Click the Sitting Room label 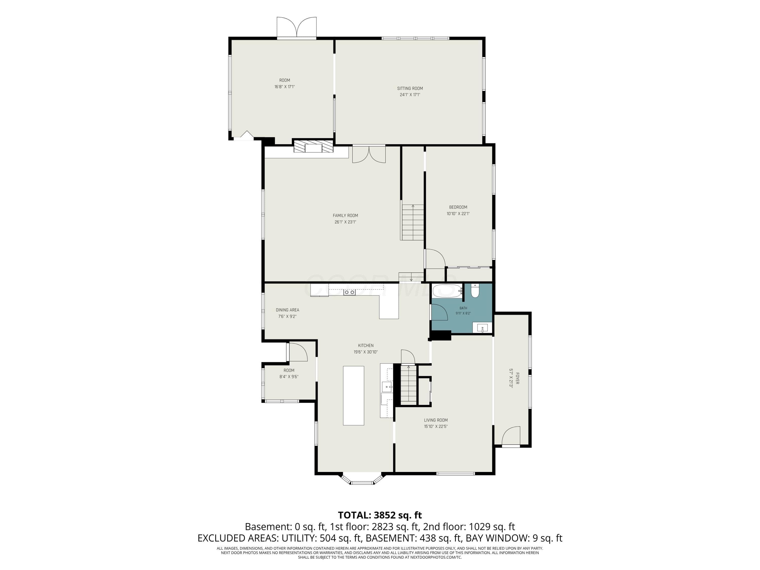point(410,88)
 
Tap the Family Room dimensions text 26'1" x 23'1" point(345,222)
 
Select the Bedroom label point(458,207)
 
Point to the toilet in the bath point(475,291)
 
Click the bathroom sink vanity point(482,328)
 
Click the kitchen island point(354,395)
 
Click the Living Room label point(436,420)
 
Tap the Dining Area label point(287,310)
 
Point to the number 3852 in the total point(385,515)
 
